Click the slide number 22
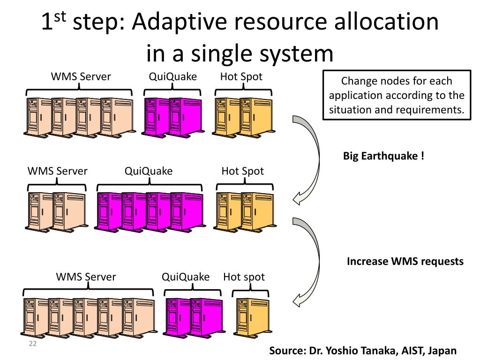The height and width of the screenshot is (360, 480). pyautogui.click(x=33, y=344)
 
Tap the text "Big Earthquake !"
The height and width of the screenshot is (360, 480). pyautogui.click(x=383, y=156)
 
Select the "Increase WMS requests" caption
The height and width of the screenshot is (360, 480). pyautogui.click(x=405, y=262)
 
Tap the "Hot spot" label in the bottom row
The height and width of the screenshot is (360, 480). pyautogui.click(x=244, y=277)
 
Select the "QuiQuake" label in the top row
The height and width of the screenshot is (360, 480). pyautogui.click(x=172, y=76)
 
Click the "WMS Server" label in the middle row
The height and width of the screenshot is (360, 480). pyautogui.click(x=58, y=171)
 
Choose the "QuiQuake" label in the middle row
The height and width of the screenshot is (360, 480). pyautogui.click(x=149, y=171)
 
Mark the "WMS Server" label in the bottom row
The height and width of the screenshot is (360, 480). pyautogui.click(x=86, y=277)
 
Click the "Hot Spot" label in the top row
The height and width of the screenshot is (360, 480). pyautogui.click(x=241, y=76)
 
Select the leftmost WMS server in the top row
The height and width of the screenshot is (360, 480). pyautogui.click(x=37, y=118)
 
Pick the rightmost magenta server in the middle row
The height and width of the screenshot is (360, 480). pyautogui.click(x=187, y=212)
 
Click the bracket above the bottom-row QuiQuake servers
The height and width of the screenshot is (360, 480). pyautogui.click(x=193, y=290)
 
